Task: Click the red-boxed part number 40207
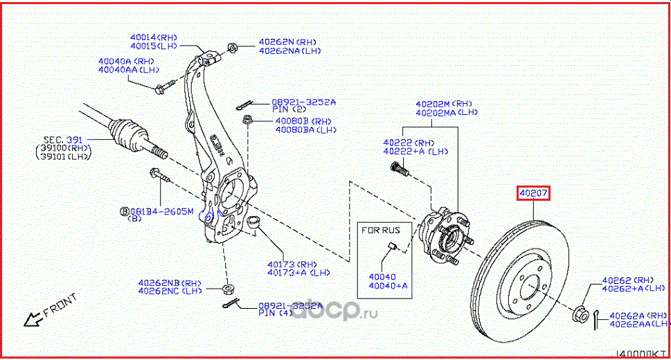(x=533, y=193)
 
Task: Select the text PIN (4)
(x=274, y=313)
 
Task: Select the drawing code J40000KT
(x=641, y=354)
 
